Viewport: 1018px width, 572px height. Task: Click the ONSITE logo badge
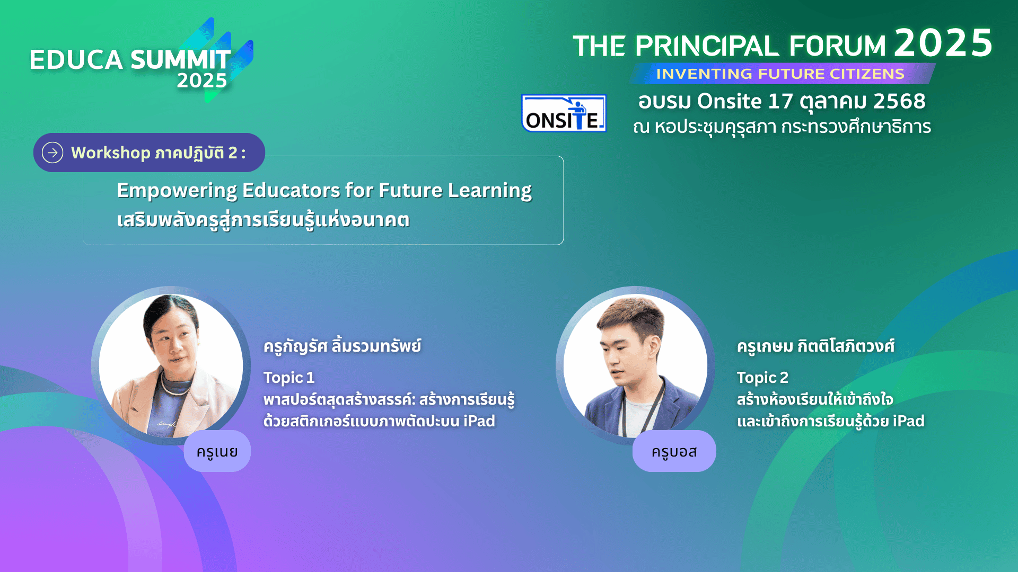[564, 113]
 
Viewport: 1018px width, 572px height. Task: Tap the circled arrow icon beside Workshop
[52, 153]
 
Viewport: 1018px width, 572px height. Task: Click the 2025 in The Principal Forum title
[943, 43]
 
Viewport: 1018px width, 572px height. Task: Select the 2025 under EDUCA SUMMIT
[201, 81]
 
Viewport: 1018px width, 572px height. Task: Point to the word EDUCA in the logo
[76, 60]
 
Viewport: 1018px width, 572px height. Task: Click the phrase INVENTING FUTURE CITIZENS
[780, 74]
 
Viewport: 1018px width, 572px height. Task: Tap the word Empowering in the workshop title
[177, 191]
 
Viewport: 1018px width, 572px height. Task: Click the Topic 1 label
[289, 378]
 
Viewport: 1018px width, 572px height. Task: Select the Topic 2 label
[762, 378]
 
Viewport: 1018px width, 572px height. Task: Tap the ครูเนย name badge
[217, 451]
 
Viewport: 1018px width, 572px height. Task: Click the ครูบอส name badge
[674, 451]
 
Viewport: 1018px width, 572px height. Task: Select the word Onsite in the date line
[730, 101]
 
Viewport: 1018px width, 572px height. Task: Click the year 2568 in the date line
[899, 101]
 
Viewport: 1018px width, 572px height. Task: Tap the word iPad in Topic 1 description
[479, 421]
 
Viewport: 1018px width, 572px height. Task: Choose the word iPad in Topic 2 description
[909, 421]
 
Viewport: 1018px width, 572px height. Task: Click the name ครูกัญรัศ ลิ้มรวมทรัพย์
[343, 346]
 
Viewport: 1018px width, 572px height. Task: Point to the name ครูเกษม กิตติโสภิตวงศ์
[815, 346]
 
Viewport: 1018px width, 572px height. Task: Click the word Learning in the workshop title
[490, 191]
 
